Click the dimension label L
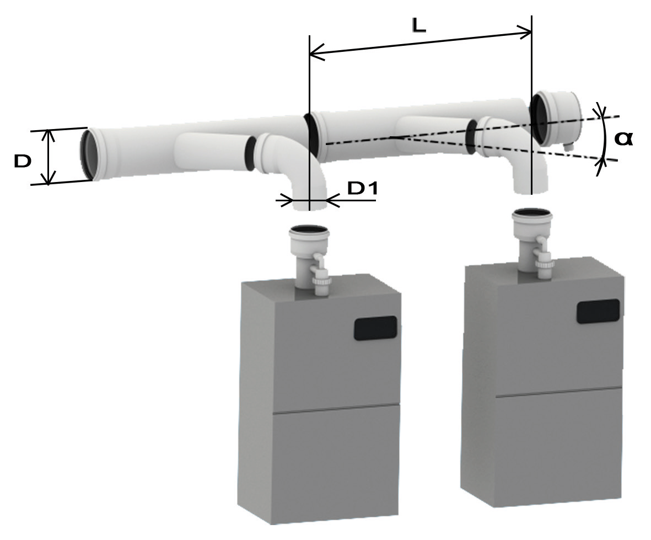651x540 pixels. coord(419,26)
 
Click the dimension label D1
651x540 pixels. coord(363,189)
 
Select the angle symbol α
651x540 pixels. coord(623,138)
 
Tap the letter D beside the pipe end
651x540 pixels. coord(23,161)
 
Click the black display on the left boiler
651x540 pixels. coord(375,328)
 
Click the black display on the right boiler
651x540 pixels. coord(598,311)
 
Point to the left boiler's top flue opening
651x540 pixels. coord(309,229)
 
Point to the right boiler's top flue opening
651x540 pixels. coord(533,213)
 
